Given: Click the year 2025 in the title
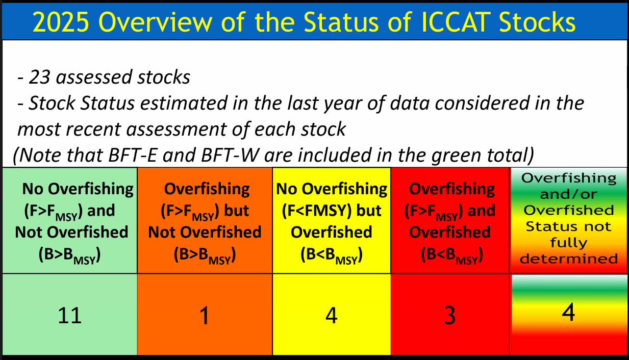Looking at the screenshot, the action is click(61, 22).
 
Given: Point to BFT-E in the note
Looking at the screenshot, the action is click(132, 155).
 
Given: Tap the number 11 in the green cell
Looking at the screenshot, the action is click(70, 316).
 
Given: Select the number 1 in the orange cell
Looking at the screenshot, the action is click(205, 316).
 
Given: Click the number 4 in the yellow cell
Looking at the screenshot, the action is click(332, 316).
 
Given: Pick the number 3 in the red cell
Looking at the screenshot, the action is click(450, 316).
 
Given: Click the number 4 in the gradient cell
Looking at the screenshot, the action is click(568, 312).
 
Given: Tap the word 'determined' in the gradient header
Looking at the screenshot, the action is click(569, 259).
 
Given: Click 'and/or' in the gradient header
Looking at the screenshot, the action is click(569, 194).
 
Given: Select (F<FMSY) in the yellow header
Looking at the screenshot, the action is click(317, 211).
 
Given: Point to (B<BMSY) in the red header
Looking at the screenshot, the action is click(452, 255).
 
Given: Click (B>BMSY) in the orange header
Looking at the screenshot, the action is click(205, 255).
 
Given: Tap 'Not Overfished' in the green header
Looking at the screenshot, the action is click(71, 233).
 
